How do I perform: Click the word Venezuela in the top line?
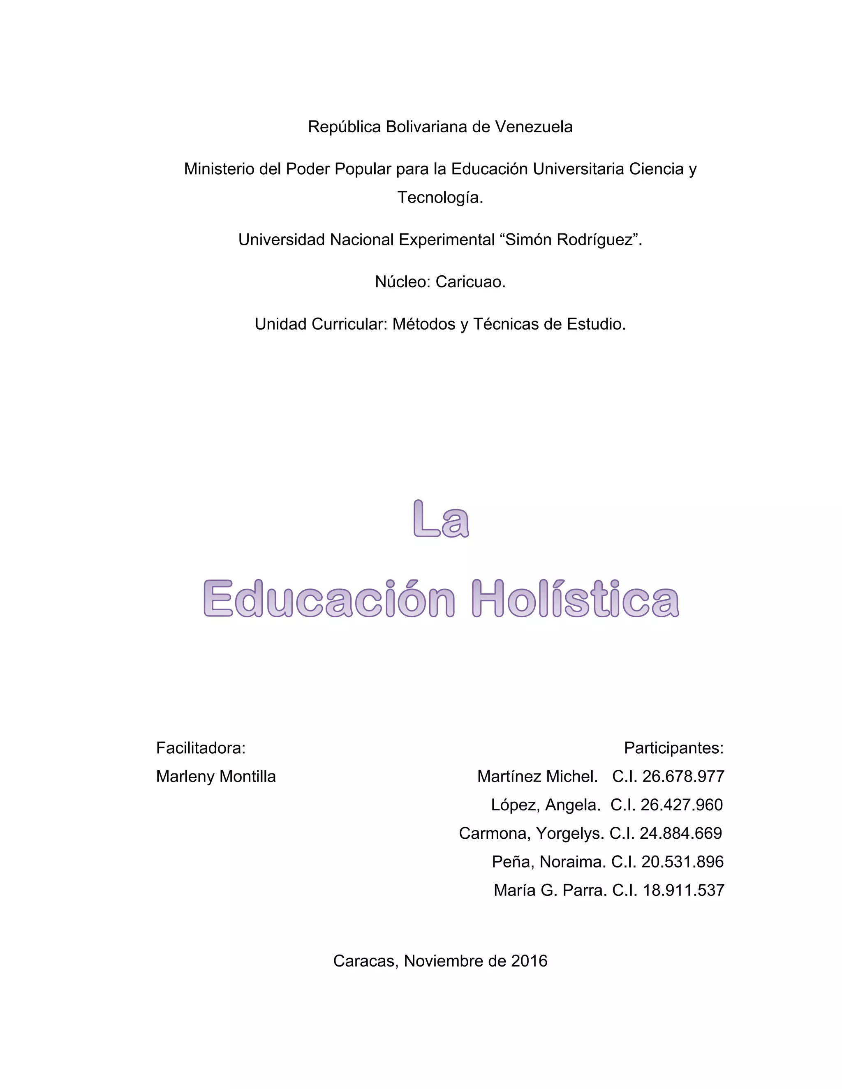(533, 127)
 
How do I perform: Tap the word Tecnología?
(440, 198)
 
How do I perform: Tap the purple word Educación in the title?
(329, 598)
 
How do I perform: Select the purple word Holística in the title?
(575, 598)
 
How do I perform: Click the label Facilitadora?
(201, 748)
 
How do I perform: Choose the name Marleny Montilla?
(215, 776)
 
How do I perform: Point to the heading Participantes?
(673, 748)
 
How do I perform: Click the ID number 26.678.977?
(683, 776)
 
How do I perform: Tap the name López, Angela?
(545, 805)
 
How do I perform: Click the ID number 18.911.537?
(683, 890)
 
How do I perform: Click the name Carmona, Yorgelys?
(531, 833)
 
